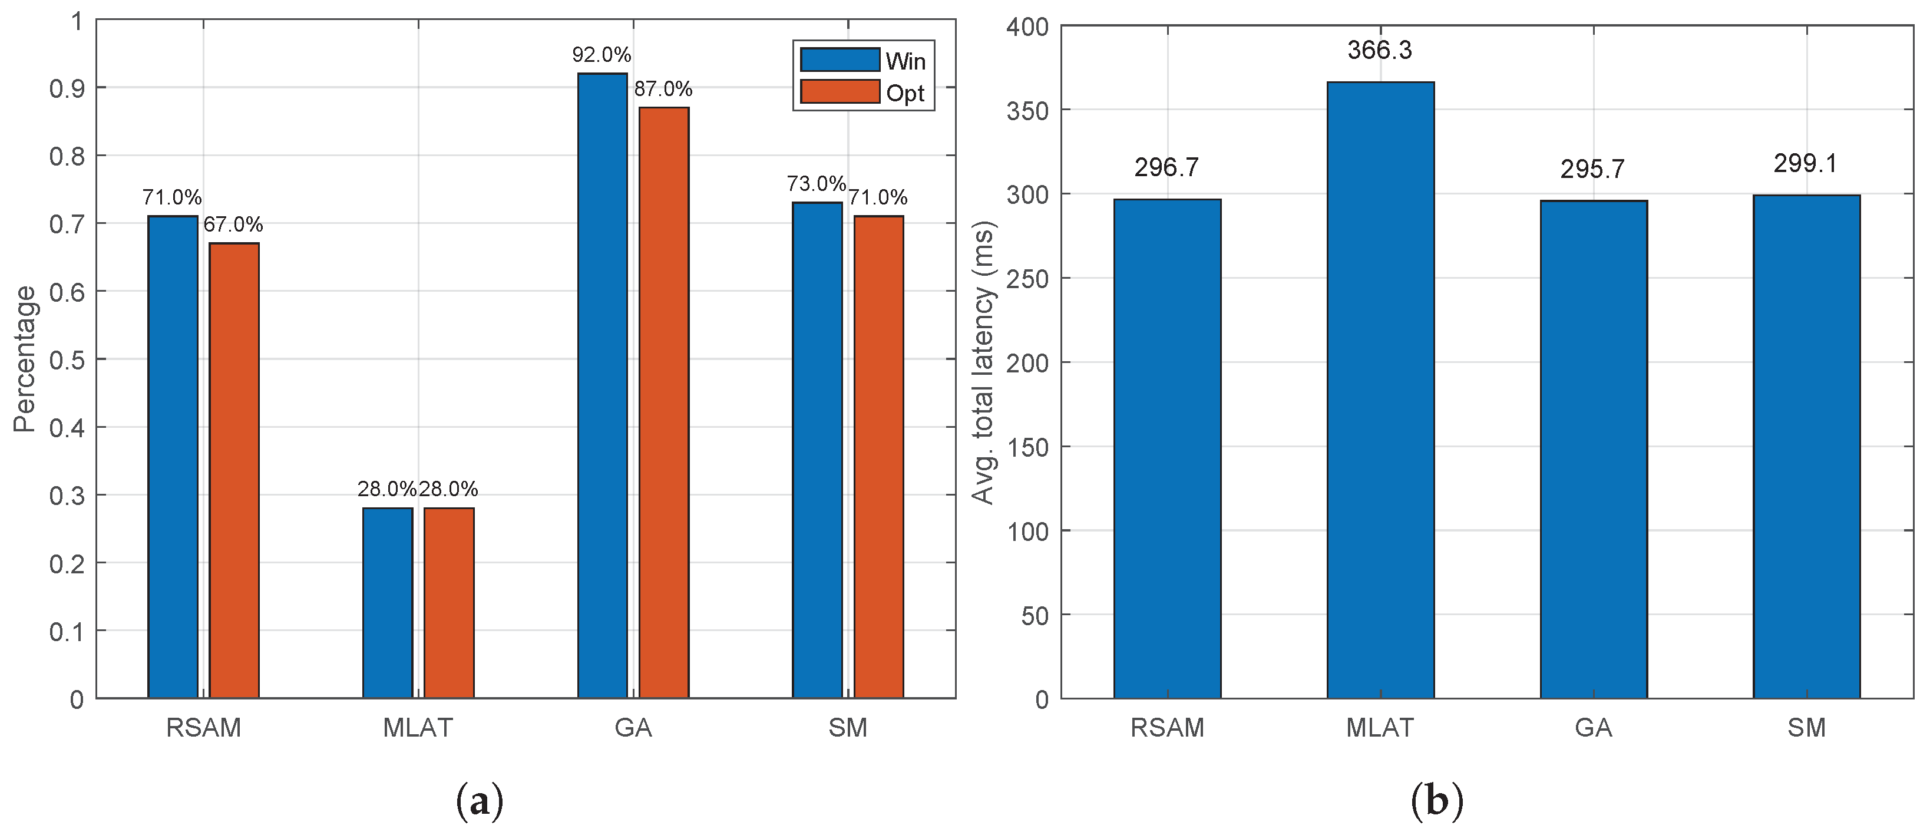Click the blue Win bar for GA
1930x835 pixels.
pos(602,386)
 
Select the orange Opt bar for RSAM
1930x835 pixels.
pos(234,471)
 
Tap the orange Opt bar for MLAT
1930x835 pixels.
pos(449,603)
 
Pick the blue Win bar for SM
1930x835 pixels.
pos(817,450)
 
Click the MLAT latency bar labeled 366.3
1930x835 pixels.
pos(1380,390)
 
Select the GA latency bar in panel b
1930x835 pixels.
pos(1594,450)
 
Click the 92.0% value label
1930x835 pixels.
pos(602,55)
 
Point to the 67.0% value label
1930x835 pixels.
pos(233,224)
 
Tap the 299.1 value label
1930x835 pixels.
pos(1806,163)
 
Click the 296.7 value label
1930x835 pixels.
pos(1166,168)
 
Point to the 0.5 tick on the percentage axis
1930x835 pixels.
pos(67,360)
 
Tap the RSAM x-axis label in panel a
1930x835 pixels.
pos(203,728)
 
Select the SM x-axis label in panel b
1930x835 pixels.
pos(1806,728)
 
